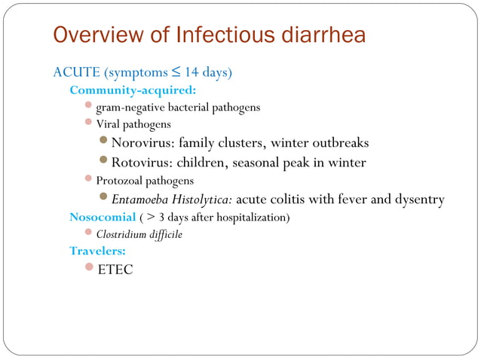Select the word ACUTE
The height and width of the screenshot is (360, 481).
pos(76,73)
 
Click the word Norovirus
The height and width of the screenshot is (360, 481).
pos(143,142)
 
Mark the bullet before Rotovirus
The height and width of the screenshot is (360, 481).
pos(104,161)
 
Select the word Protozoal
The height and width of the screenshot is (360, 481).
pos(119,181)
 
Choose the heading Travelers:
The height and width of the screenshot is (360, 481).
pos(98,251)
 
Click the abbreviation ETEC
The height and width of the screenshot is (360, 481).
pos(115,269)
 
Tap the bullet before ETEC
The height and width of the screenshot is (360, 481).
pos(89,267)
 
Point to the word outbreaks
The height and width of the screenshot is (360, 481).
pos(338,142)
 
